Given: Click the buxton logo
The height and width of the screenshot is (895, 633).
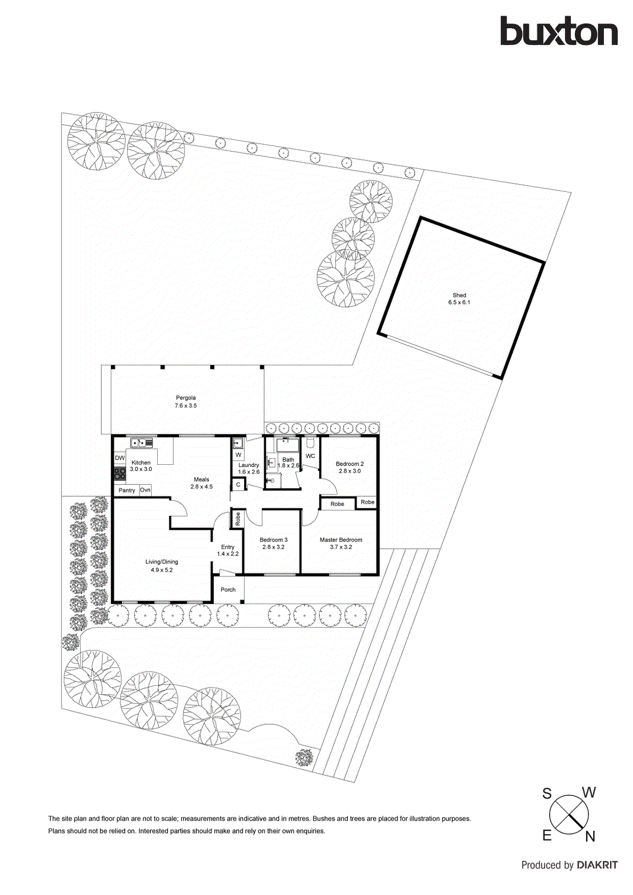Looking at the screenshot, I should pos(559,31).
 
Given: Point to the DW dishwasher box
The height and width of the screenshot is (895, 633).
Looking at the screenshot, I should pos(120,458).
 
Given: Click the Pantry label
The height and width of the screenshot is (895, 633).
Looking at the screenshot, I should pos(126,491).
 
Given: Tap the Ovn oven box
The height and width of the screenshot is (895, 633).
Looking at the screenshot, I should pos(145,490).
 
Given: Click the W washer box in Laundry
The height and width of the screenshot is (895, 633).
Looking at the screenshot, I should pos(238,455).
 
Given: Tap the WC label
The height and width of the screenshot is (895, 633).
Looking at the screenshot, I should pos(310,456).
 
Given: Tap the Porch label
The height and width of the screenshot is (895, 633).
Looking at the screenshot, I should pos(228,590).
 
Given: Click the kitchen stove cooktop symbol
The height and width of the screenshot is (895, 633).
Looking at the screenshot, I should pos(119,474).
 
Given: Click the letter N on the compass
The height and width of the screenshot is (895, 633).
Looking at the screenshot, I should pos(590,837).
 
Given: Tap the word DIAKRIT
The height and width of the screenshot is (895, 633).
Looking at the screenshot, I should pos(597,865).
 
